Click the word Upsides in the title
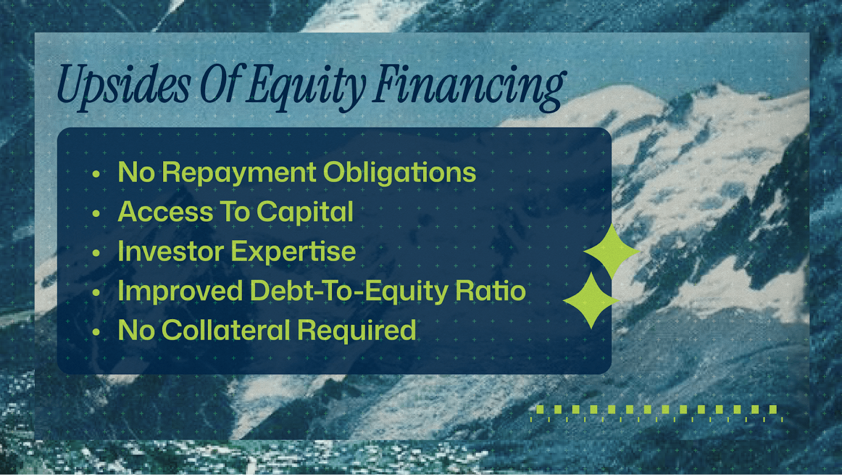(124, 85)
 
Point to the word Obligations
(399, 173)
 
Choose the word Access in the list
(165, 211)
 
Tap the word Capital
(305, 212)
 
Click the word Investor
(171, 251)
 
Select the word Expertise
(293, 252)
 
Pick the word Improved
(181, 291)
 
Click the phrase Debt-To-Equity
(349, 291)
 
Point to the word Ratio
(490, 290)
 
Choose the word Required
(357, 331)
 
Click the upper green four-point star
(612, 251)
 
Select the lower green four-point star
(592, 301)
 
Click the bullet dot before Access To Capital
(96, 214)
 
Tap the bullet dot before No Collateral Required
(96, 332)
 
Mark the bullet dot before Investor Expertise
(96, 253)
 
